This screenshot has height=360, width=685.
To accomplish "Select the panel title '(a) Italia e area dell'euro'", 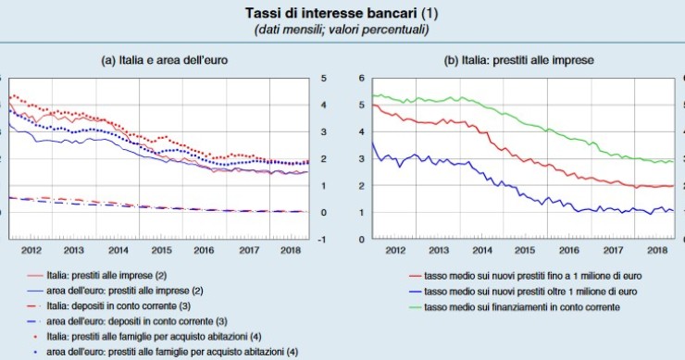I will [165, 60].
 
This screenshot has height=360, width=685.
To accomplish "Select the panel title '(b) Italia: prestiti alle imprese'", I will [518, 60].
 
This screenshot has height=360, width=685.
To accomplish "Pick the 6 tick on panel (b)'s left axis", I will [362, 79].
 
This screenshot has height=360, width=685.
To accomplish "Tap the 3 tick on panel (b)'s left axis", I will [362, 159].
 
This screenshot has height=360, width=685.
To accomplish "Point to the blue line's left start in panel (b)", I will [371, 143].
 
